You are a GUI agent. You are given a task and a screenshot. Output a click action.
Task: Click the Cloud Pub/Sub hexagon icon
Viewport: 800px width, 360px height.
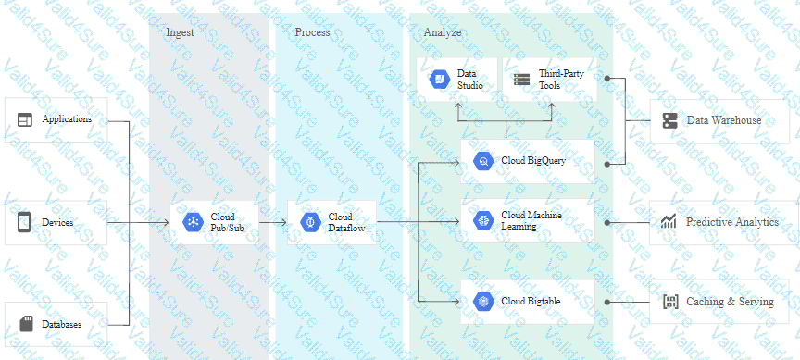tap(193, 222)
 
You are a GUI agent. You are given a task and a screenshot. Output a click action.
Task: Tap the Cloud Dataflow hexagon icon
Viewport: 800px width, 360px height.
tap(310, 222)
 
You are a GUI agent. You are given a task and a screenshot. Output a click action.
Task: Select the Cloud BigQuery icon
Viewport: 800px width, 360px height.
tap(483, 161)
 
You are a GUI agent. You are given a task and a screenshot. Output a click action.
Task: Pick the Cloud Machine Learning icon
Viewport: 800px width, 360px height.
tap(483, 220)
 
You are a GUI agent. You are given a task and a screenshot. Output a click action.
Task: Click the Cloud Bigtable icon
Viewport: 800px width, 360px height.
tap(483, 302)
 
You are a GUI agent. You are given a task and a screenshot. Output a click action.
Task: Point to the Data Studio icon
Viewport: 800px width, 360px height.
tap(439, 80)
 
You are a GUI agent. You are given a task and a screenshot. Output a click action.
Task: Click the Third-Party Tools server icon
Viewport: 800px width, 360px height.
tap(522, 80)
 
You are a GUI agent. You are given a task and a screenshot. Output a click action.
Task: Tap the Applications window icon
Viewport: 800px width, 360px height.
tap(24, 119)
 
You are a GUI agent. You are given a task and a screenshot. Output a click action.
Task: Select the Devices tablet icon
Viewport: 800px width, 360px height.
tap(24, 222)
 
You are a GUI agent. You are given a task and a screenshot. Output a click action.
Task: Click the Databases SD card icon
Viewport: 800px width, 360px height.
tap(26, 324)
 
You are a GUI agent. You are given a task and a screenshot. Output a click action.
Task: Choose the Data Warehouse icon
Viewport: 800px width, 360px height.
tap(669, 120)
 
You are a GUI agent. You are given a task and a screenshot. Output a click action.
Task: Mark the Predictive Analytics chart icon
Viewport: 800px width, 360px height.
tap(669, 221)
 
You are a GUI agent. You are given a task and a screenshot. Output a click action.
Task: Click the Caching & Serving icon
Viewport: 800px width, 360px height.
tap(669, 302)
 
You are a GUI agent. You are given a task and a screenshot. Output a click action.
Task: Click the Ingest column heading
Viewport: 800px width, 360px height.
tap(181, 32)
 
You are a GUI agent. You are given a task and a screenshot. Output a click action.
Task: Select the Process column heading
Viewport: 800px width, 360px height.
tap(312, 32)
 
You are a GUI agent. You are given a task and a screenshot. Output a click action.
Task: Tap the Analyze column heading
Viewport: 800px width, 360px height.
tap(443, 32)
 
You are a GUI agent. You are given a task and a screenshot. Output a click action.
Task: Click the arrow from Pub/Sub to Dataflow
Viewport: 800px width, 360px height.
tap(273, 222)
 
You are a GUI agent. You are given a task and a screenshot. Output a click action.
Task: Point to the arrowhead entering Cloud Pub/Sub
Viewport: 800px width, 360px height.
tap(166, 222)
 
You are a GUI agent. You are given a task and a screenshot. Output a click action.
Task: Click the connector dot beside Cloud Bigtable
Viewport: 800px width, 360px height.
tap(607, 302)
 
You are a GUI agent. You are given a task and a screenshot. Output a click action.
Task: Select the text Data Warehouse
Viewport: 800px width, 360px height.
tap(724, 120)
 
